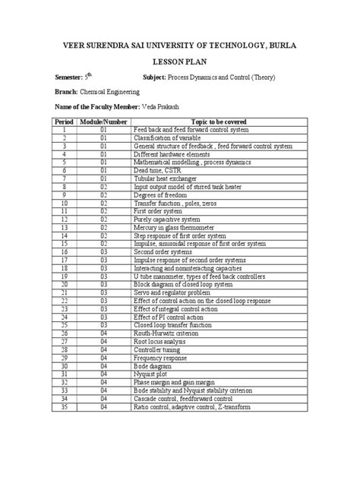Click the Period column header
click(67, 122)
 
